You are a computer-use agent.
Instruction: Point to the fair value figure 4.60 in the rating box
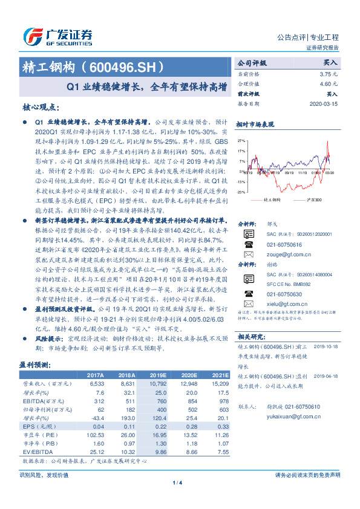(x=324, y=84)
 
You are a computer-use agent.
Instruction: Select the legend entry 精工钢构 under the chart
(x=272, y=198)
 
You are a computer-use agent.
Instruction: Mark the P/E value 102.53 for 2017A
(x=96, y=435)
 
